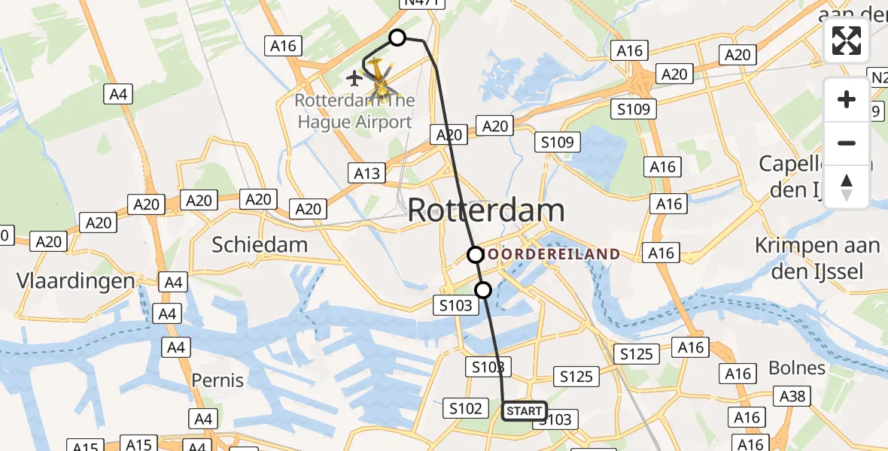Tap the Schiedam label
click(260, 244)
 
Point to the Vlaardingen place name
click(75, 281)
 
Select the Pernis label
click(218, 380)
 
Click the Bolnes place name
click(797, 368)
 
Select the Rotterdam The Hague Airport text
click(354, 111)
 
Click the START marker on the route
click(524, 411)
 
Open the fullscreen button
click(847, 41)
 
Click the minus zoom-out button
click(847, 143)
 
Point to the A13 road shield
click(367, 174)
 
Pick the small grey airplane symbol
click(354, 77)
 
